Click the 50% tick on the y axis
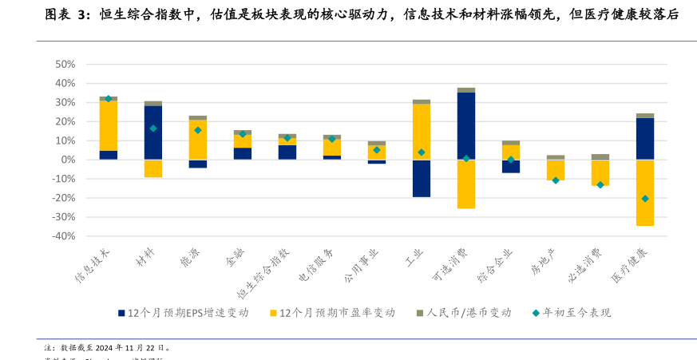[64, 64]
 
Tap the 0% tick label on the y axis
[68, 160]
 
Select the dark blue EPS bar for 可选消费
[466, 126]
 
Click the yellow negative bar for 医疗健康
[645, 192]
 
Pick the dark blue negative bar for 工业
[422, 178]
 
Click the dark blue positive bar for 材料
[153, 133]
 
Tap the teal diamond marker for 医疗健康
[645, 199]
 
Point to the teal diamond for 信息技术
[109, 98]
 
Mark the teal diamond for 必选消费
[600, 184]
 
